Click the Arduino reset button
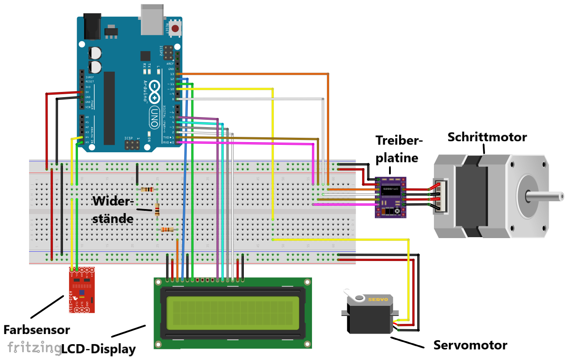pyautogui.click(x=176, y=29)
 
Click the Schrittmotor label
pyautogui.click(x=487, y=137)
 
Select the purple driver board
pyautogui.click(x=390, y=197)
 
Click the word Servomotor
pyautogui.click(x=470, y=345)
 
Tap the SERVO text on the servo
pyautogui.click(x=378, y=299)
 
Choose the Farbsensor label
pyautogui.click(x=37, y=329)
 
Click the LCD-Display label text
pyautogui.click(x=98, y=349)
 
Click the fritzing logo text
pyautogui.click(x=34, y=347)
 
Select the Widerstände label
pyautogui.click(x=113, y=209)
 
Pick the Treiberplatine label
pyautogui.click(x=399, y=149)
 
